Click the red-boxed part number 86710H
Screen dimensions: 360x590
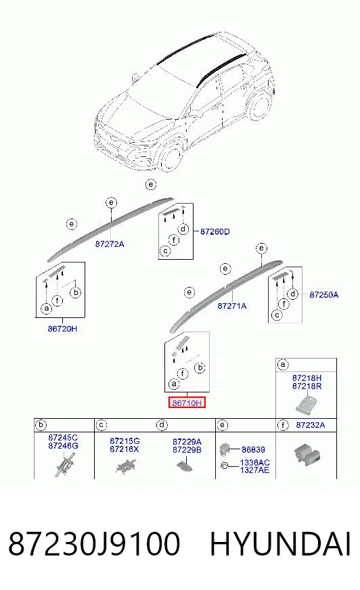pyautogui.click(x=187, y=403)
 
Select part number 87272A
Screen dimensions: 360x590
pyautogui.click(x=110, y=244)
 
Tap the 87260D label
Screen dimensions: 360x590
pyautogui.click(x=215, y=232)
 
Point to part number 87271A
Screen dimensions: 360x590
pyautogui.click(x=232, y=306)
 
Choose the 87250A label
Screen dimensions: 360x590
pyautogui.click(x=324, y=294)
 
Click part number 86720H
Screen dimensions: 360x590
pyautogui.click(x=62, y=328)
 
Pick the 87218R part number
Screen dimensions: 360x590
pyautogui.click(x=307, y=386)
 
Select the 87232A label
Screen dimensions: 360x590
pyautogui.click(x=311, y=425)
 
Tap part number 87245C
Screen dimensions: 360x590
pyautogui.click(x=63, y=438)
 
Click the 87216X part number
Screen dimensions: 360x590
pyautogui.click(x=124, y=449)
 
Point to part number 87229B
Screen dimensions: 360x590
pyautogui.click(x=187, y=450)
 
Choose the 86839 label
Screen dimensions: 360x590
pyautogui.click(x=253, y=449)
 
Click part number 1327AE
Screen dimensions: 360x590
pyautogui.click(x=254, y=470)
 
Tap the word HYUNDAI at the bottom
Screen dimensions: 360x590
pyautogui.click(x=280, y=544)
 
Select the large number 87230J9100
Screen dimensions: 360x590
pyautogui.click(x=94, y=544)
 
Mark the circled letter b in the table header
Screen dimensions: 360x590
pyautogui.click(x=41, y=425)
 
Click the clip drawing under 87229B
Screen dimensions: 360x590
pyautogui.click(x=184, y=466)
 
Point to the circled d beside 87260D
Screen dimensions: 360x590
pyautogui.click(x=183, y=229)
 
